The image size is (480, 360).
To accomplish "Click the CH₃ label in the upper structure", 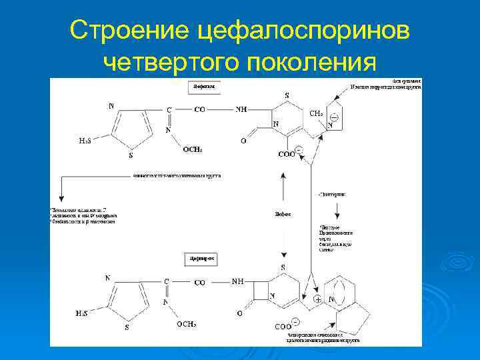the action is point(317,113).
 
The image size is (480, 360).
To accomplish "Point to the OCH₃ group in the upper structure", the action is point(193,150).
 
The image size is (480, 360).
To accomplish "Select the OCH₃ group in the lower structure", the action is point(186,324).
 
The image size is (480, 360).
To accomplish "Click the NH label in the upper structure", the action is point(241,109).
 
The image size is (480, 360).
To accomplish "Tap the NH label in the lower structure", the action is point(238,281).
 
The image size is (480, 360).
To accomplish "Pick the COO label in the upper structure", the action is point(287,155).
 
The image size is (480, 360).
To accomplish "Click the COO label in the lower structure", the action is point(282,327).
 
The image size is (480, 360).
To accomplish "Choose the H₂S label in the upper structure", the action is point(85,141).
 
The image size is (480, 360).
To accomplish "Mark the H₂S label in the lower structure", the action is point(81,313).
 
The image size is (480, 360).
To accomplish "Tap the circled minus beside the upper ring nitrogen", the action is point(334,117).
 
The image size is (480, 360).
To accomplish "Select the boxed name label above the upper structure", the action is point(199,87).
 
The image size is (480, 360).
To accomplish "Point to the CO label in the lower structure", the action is point(199,283).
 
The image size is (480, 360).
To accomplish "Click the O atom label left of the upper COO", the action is point(243,141).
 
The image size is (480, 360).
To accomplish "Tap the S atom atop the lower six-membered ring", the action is point(283,268).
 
